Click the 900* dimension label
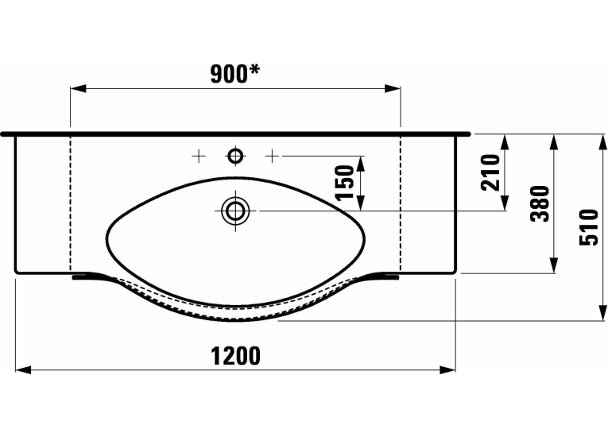coord(235,74)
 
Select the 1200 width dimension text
coord(236,356)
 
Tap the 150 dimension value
coord(345,183)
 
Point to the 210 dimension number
coord(490,172)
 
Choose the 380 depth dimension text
coord(540,203)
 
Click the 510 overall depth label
coord(589,227)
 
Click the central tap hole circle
coord(235,157)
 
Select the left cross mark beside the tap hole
coord(199,157)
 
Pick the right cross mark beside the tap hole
coord(272,157)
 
